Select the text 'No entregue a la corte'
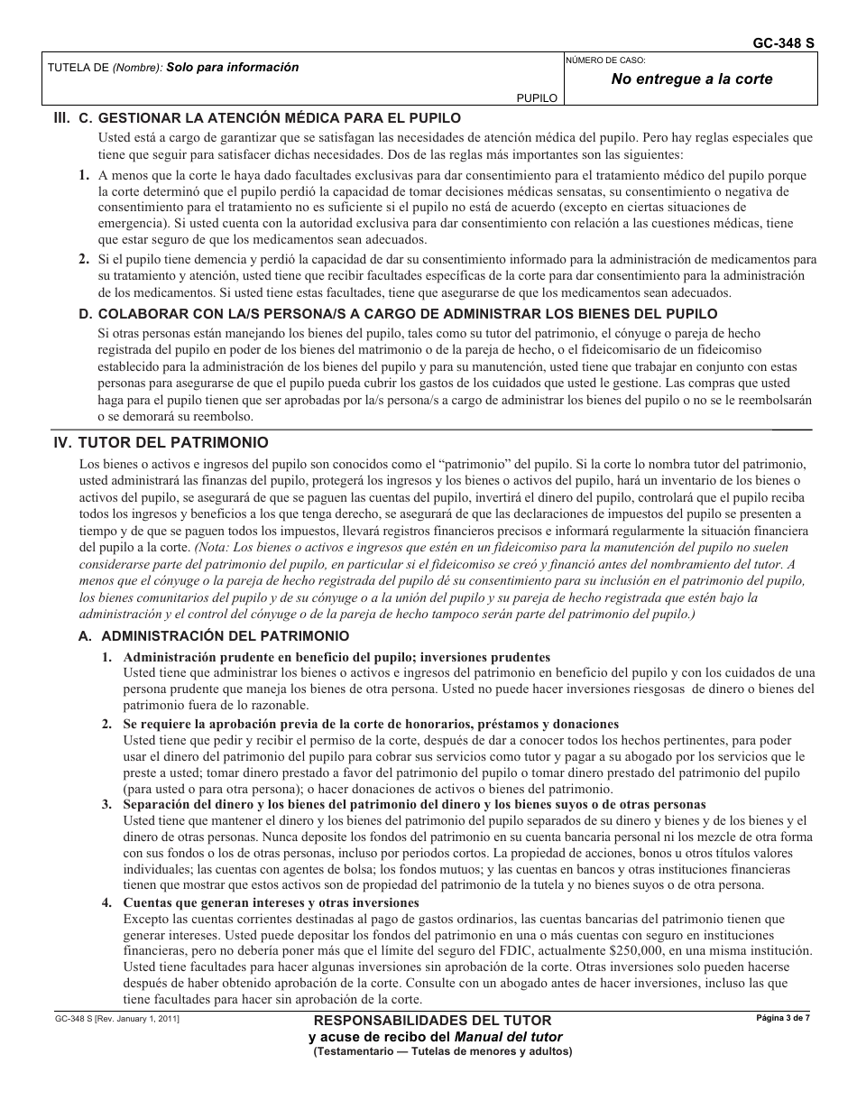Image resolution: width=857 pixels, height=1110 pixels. [691, 79]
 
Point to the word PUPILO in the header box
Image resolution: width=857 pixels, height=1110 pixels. [536, 99]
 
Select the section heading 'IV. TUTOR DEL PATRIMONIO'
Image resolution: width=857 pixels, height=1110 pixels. [161, 443]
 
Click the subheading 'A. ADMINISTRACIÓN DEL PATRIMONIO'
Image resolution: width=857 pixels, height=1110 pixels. [214, 635]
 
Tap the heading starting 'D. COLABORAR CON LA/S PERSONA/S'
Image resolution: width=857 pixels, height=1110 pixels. [398, 314]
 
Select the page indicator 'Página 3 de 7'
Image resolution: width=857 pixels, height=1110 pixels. [782, 1018]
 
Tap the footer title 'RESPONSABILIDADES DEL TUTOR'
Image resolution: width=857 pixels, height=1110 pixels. [432, 1021]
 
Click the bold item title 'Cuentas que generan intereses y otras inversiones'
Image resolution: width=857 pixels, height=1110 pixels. [271, 902]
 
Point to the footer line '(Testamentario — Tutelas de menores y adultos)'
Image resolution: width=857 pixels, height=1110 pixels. [442, 1051]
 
